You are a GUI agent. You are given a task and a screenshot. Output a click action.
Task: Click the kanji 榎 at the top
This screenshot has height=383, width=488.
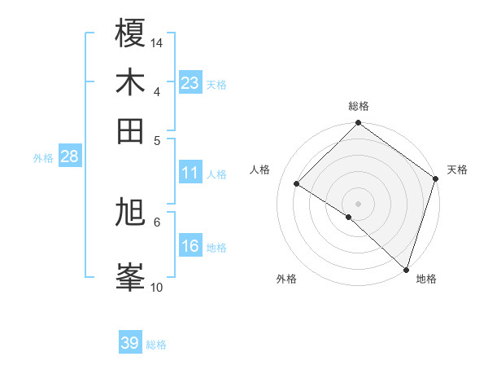130,33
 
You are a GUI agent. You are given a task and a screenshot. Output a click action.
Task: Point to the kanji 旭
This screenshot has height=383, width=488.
130,214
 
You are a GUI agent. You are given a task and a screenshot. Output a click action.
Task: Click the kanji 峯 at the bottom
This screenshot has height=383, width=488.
130,276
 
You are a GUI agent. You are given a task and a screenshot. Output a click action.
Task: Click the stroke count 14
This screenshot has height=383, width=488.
157,42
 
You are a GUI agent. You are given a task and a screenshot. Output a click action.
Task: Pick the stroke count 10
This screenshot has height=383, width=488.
157,287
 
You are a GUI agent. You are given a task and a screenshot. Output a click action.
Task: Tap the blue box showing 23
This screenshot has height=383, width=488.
190,82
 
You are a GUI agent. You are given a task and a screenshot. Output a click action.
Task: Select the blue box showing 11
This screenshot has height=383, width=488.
190,173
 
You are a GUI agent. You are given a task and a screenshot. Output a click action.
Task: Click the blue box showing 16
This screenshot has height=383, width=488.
190,246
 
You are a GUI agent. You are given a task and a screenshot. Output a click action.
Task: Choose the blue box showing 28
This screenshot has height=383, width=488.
69,157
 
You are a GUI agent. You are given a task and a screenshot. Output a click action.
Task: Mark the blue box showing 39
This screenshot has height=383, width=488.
129,343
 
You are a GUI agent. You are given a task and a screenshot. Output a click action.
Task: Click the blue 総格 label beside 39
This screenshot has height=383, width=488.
156,345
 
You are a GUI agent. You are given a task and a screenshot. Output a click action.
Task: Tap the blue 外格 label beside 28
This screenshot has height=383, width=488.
43,158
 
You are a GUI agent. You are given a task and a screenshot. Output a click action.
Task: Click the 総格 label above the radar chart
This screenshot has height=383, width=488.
359,107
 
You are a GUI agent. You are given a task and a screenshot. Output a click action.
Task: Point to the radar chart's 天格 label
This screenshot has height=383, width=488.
457,169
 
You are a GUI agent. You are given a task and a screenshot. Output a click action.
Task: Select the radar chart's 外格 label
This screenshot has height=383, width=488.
286,280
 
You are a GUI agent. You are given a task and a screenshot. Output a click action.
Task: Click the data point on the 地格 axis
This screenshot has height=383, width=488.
405,268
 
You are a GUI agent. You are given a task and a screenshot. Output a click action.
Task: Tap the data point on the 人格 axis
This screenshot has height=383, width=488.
297,183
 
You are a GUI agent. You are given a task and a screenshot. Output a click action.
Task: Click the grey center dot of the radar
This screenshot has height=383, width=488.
358,203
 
